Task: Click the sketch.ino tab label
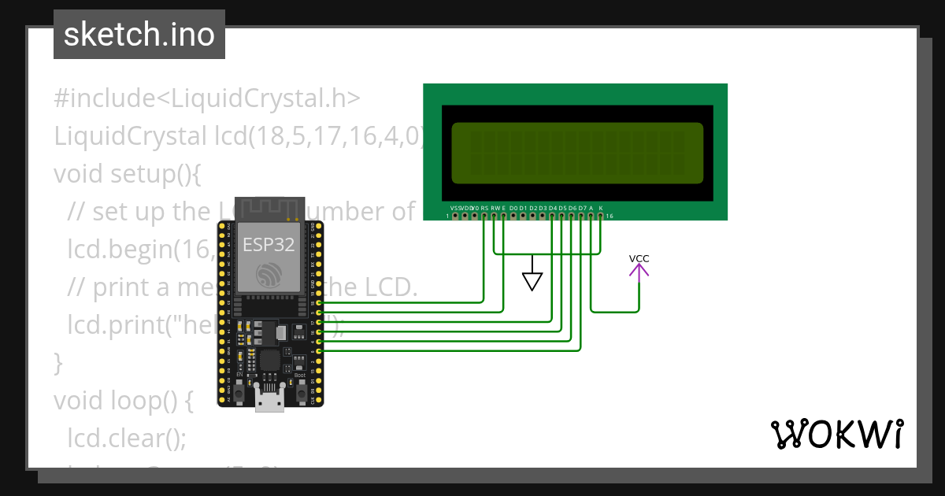(x=139, y=35)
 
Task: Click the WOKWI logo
(x=837, y=434)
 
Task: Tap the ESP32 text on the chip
(x=269, y=244)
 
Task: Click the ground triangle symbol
(x=533, y=280)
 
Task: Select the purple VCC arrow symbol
(x=639, y=271)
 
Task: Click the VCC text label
(x=639, y=258)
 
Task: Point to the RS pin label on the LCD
(x=484, y=207)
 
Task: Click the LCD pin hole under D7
(x=581, y=215)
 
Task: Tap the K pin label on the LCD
(x=601, y=207)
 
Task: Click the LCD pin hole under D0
(x=513, y=215)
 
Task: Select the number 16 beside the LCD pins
(x=610, y=216)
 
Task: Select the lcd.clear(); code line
(x=127, y=438)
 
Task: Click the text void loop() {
(x=123, y=400)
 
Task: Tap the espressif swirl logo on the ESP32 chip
(x=269, y=276)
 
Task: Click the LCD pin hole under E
(x=503, y=215)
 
